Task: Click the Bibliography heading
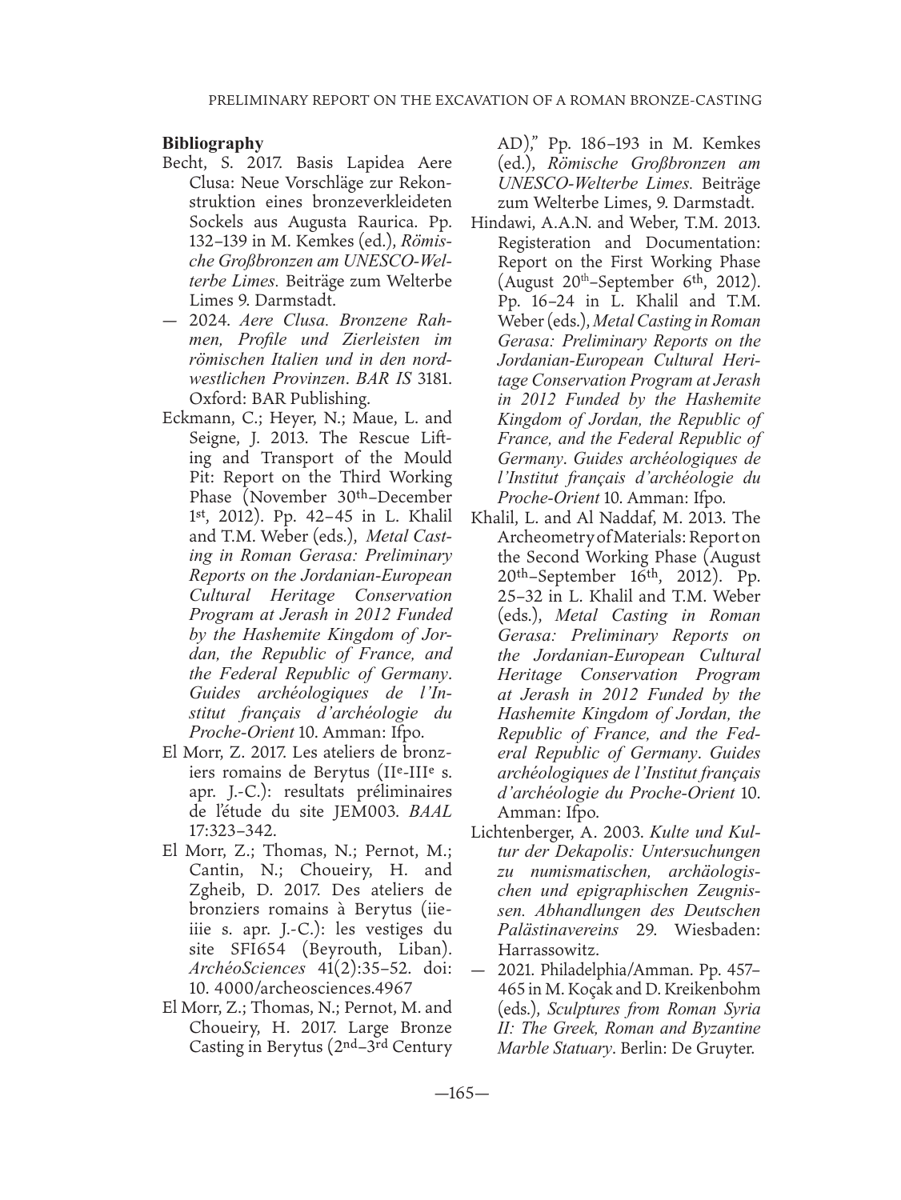point(212,143)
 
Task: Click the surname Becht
point(183,163)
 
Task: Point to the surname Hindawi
point(504,222)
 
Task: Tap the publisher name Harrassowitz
point(547,950)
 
